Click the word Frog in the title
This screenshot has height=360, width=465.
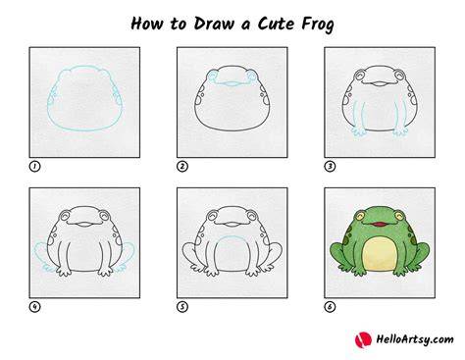318,25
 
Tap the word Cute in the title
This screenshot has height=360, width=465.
276,24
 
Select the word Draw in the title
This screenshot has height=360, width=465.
214,24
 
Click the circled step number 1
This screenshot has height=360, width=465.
34,167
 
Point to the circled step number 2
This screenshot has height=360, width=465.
182,167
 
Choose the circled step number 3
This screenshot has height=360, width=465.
330,167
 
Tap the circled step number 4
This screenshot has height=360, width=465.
34,307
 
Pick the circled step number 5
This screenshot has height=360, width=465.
182,307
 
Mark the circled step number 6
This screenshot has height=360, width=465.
330,307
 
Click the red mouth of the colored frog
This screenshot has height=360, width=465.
380,224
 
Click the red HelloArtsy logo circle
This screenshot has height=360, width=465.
363,339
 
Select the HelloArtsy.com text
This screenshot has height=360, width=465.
415,339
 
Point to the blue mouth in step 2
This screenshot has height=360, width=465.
232,83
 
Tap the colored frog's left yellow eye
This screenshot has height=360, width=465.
360,216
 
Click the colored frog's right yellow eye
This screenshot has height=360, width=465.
399,216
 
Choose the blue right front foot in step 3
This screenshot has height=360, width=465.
400,131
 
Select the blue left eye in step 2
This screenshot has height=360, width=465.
213,76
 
